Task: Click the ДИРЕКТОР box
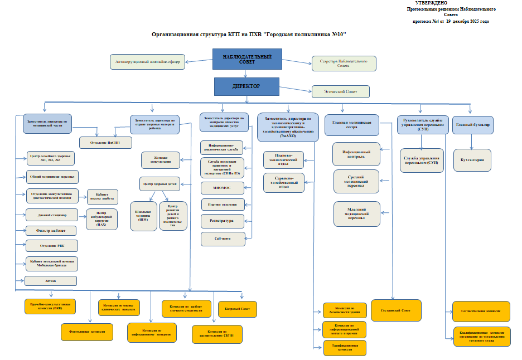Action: point(247,86)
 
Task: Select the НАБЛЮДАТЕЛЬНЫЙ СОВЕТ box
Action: point(247,59)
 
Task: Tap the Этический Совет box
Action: point(341,91)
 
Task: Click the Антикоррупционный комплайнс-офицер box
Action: point(148,61)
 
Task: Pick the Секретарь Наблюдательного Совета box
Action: point(343,63)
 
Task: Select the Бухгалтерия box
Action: point(472,160)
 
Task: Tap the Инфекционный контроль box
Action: point(356,154)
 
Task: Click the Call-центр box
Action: point(223,239)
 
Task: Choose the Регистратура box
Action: point(223,221)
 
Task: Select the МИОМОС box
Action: point(223,188)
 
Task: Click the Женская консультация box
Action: point(161,160)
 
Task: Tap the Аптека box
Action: point(51,280)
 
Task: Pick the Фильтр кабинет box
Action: point(51,230)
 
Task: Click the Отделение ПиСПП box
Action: point(107,142)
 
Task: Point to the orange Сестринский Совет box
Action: point(396,310)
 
